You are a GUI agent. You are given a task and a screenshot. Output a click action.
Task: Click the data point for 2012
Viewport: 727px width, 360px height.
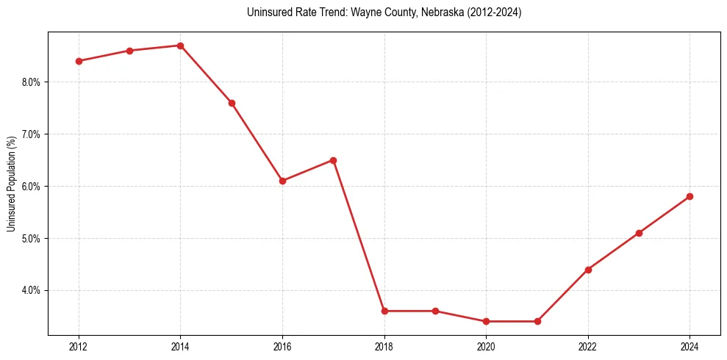pos(79,61)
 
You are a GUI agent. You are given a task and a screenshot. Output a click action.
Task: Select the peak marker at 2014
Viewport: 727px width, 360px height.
pos(180,46)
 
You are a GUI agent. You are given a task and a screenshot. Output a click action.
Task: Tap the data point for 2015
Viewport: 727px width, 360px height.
pos(232,103)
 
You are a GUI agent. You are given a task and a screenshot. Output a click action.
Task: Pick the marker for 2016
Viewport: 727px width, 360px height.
pos(282,181)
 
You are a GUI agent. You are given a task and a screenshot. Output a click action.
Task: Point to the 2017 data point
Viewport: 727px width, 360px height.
pos(333,160)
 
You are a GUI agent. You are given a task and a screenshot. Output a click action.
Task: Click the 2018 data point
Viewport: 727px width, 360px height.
pos(384,311)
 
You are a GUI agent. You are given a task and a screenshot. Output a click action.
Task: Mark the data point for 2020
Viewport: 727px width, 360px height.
pos(486,321)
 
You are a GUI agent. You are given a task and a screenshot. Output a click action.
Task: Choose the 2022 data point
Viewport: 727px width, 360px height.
pos(588,270)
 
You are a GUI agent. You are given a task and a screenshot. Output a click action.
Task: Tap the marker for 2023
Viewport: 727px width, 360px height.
pos(639,233)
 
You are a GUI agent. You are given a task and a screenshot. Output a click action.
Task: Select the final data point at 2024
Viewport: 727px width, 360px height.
pos(690,196)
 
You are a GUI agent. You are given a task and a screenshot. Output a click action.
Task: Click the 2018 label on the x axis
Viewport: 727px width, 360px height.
pos(384,347)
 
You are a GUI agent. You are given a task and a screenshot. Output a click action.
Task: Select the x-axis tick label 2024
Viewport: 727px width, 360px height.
pos(690,347)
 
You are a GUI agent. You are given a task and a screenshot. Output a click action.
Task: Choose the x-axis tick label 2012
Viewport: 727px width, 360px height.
pos(79,347)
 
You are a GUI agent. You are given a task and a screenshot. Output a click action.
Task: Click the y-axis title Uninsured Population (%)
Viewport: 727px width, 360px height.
pos(11,183)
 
